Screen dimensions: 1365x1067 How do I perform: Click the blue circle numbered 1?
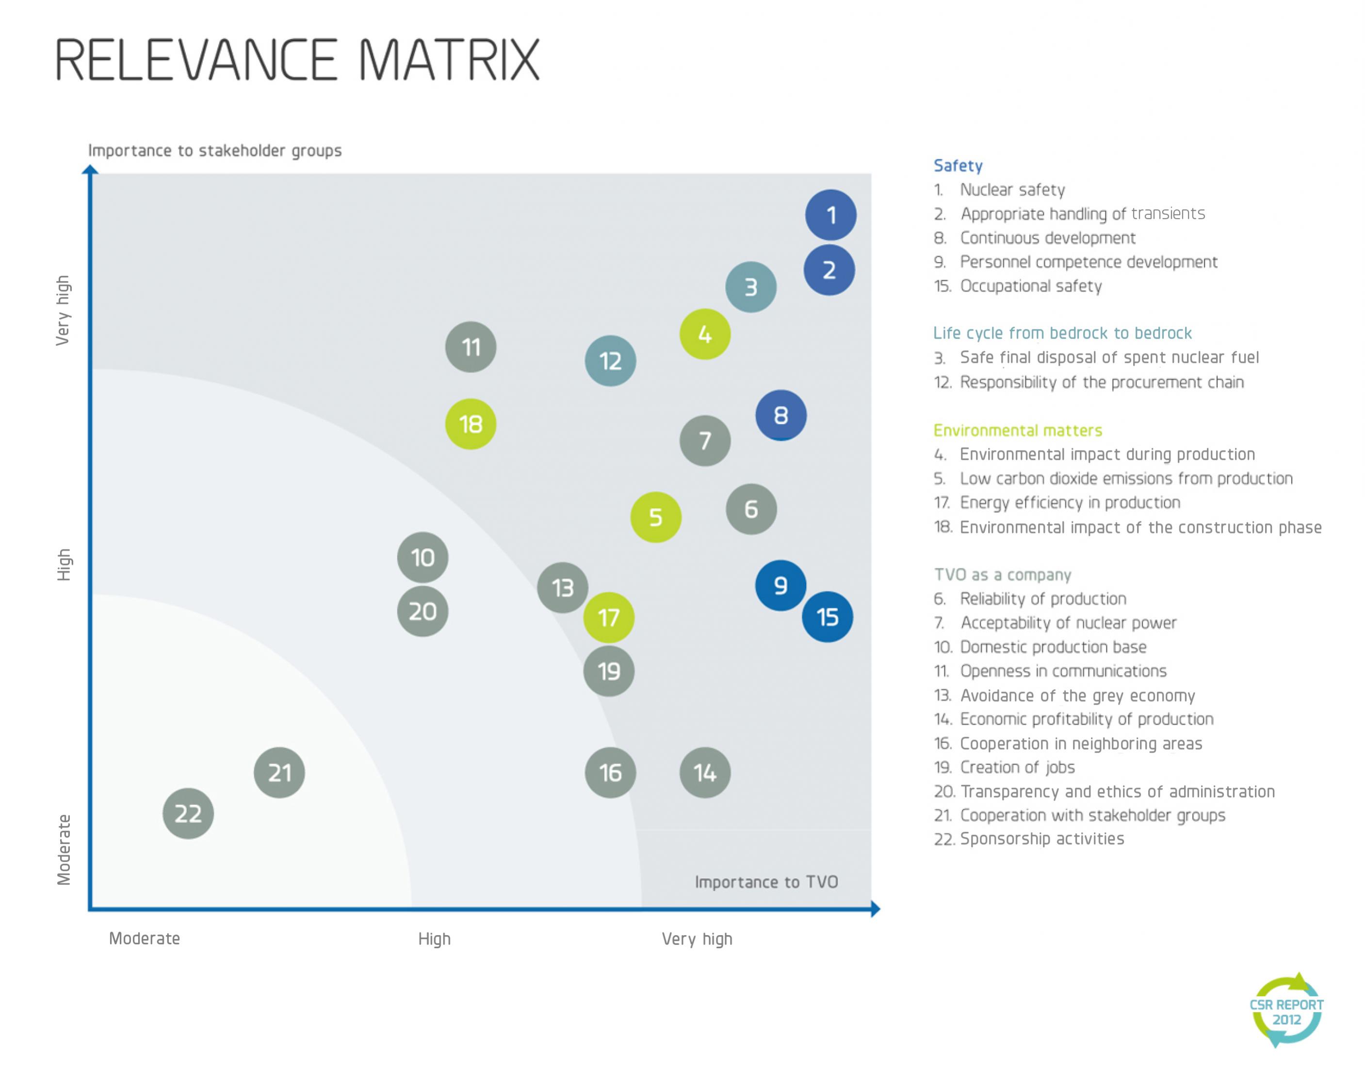pyautogui.click(x=830, y=215)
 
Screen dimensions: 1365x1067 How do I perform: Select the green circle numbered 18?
pyautogui.click(x=471, y=424)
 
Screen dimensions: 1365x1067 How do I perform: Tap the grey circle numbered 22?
pyautogui.click(x=188, y=813)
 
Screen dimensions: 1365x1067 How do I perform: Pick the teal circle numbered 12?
pyautogui.click(x=611, y=361)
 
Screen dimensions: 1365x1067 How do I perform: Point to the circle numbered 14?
pyautogui.click(x=705, y=773)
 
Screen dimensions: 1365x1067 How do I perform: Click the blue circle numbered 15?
pyautogui.click(x=828, y=617)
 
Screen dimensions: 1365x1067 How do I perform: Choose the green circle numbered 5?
pyautogui.click(x=656, y=517)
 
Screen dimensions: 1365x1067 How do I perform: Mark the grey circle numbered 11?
pyautogui.click(x=471, y=347)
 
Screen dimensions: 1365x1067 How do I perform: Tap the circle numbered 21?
pyautogui.click(x=279, y=773)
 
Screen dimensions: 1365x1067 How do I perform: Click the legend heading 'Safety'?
pyautogui.click(x=958, y=166)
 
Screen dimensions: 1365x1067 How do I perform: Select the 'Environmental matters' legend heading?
pyautogui.click(x=1018, y=430)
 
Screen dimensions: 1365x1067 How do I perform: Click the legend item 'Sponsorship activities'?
pyautogui.click(x=1042, y=839)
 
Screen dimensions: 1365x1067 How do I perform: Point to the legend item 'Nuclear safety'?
pyautogui.click(x=1012, y=190)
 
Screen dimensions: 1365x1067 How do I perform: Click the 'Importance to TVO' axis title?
pyautogui.click(x=766, y=882)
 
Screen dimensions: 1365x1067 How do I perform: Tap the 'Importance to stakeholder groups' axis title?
pyautogui.click(x=215, y=151)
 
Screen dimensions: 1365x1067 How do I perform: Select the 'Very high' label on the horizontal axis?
pyautogui.click(x=697, y=939)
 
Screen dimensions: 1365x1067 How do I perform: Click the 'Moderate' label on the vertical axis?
pyautogui.click(x=64, y=849)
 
